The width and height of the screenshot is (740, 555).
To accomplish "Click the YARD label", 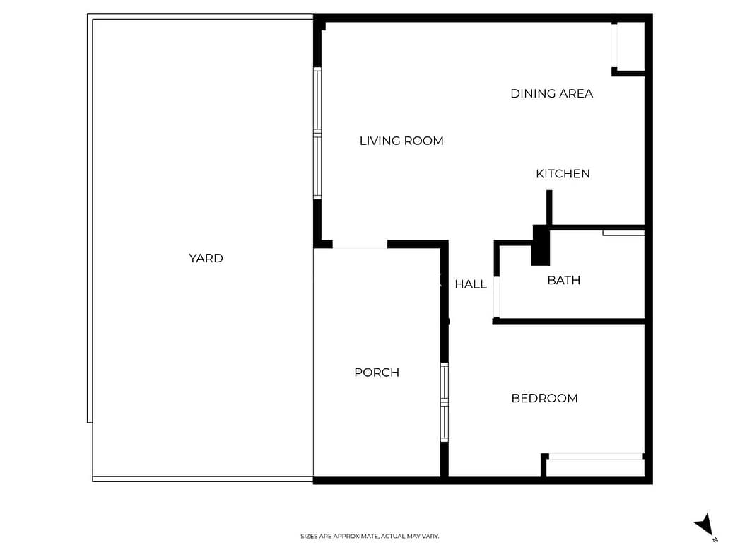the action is tap(206, 258).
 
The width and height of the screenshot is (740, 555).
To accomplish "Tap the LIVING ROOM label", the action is tap(401, 141).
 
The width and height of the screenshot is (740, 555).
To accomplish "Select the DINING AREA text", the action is tap(552, 93).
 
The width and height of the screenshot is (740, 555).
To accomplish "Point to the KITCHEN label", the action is tap(563, 174).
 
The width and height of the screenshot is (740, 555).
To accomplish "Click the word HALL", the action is tap(471, 284).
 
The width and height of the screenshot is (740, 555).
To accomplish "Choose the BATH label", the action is tap(564, 281).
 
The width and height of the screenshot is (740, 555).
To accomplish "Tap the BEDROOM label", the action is tap(545, 398).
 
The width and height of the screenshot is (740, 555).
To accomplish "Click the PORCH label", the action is tap(377, 373).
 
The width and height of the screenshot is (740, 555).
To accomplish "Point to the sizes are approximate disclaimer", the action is tap(370, 536).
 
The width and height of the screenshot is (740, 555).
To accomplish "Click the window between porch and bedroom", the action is tap(444, 402).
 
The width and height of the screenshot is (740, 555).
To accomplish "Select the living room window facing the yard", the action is tap(317, 134).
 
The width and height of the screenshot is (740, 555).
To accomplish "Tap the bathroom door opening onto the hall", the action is tap(496, 297).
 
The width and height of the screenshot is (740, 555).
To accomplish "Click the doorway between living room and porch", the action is tap(360, 245).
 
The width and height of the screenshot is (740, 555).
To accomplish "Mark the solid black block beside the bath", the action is tap(541, 245).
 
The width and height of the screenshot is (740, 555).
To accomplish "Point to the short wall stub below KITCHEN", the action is tap(549, 208).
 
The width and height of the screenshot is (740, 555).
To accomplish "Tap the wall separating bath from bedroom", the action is tap(569, 322).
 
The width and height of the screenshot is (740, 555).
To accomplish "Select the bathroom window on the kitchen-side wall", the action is tap(623, 233).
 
